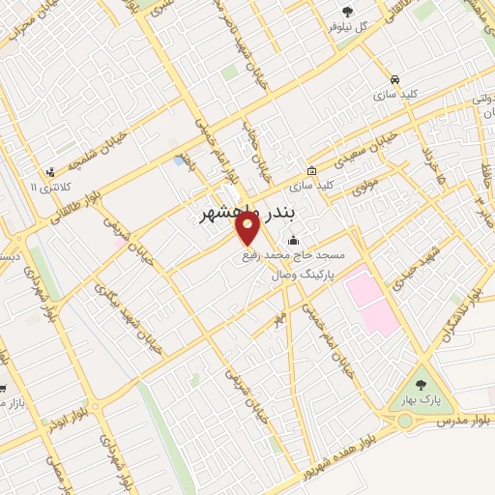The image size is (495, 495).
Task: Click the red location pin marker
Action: pos(247,229)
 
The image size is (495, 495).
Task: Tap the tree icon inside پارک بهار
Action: pos(422,380)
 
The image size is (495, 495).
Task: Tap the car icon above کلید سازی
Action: pos(393,78)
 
